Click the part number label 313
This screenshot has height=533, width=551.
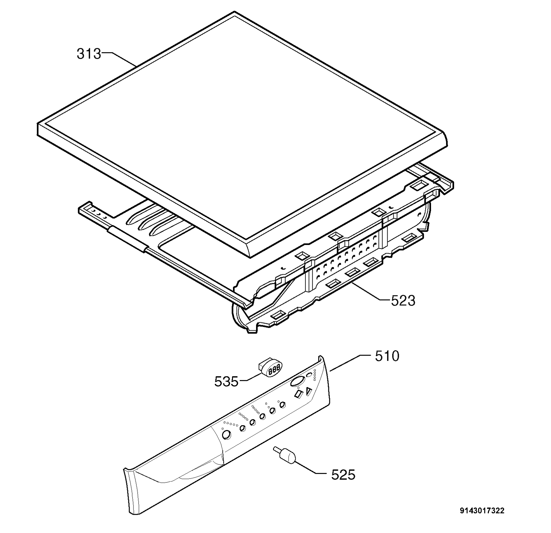tap(89, 54)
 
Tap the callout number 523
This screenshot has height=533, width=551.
tap(403, 300)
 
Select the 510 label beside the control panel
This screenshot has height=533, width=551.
tap(387, 356)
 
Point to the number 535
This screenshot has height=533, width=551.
tap(227, 381)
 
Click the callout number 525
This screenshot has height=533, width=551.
tap(343, 474)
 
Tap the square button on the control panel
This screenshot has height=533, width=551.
tap(299, 394)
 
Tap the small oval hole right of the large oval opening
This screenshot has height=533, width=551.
tap(309, 375)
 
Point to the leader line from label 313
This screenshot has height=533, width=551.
tap(119, 60)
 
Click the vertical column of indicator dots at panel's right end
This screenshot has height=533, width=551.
tap(314, 375)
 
